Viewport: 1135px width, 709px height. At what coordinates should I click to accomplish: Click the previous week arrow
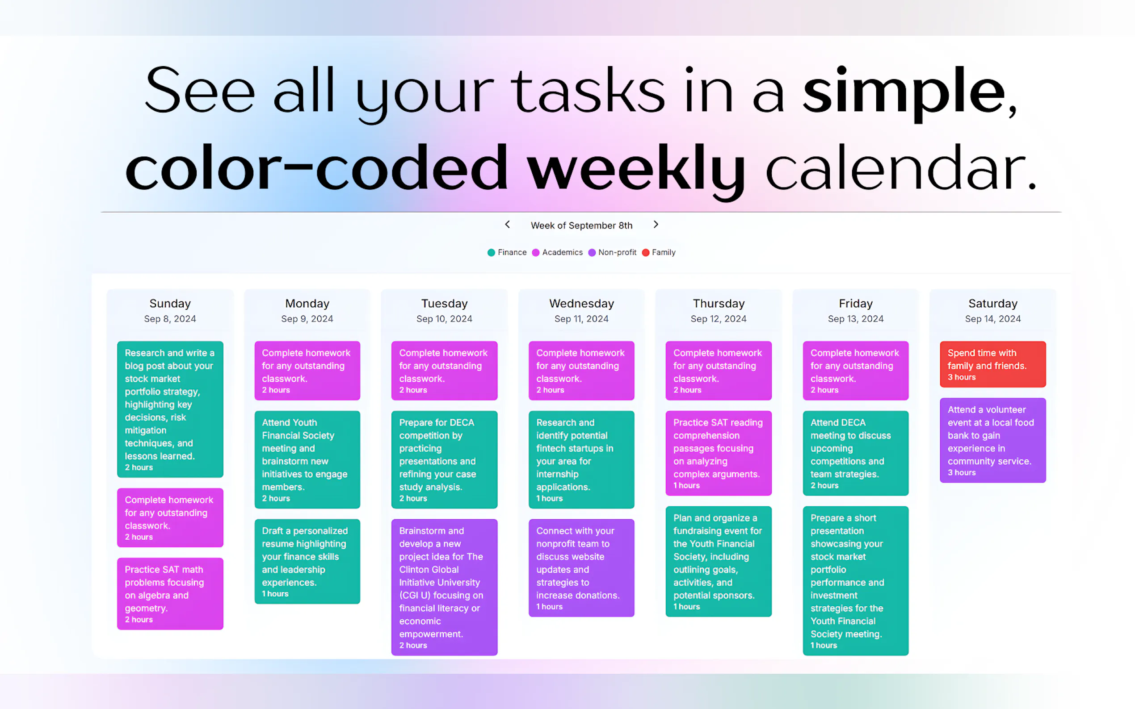click(507, 225)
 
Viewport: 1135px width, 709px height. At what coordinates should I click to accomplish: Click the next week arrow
click(656, 225)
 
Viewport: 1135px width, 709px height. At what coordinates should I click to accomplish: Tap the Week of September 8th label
click(581, 225)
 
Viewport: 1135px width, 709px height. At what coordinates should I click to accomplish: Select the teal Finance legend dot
click(491, 253)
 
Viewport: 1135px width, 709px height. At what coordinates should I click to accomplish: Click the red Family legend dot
click(646, 253)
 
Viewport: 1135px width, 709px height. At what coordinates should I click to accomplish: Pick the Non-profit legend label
click(617, 252)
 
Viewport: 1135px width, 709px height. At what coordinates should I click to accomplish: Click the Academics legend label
click(562, 252)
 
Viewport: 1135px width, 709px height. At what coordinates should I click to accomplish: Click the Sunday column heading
click(170, 304)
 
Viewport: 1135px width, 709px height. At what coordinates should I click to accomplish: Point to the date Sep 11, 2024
click(581, 319)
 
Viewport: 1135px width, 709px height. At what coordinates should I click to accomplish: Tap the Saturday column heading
click(993, 304)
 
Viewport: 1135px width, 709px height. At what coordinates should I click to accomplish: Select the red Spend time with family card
click(993, 364)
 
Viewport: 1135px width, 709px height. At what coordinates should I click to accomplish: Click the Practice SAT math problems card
click(170, 594)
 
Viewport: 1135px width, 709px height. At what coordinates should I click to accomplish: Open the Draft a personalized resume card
click(307, 561)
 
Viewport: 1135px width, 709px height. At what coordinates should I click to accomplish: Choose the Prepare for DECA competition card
click(444, 459)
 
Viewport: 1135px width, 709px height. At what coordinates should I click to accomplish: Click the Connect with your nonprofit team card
click(581, 568)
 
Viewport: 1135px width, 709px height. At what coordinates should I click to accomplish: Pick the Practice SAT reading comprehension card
click(719, 453)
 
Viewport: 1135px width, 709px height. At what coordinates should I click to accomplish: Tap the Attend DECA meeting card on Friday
click(855, 453)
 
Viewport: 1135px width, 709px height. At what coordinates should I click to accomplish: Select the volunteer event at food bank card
click(993, 440)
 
